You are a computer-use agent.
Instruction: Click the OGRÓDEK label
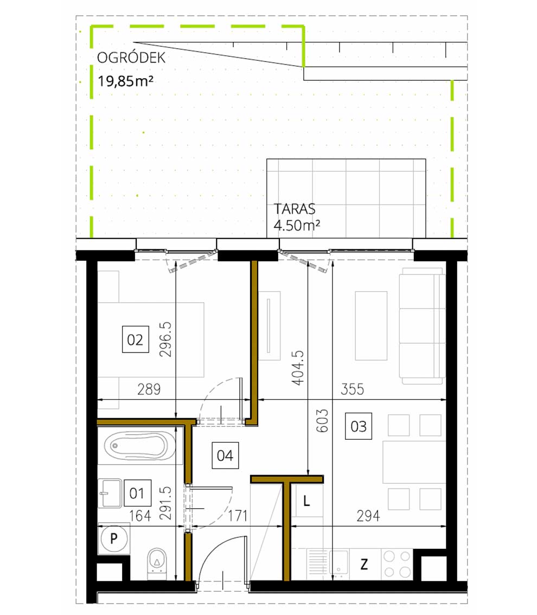click(131, 58)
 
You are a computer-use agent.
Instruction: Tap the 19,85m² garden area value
click(124, 82)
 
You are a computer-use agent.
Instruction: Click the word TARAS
click(295, 209)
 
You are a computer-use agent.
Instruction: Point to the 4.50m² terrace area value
click(297, 225)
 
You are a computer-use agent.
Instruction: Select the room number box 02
click(135, 340)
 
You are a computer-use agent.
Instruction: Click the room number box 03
click(359, 426)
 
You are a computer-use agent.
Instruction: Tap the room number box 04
click(225, 455)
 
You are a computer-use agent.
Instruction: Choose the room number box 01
click(137, 494)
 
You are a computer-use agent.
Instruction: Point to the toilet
click(157, 560)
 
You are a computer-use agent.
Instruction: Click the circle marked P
click(114, 539)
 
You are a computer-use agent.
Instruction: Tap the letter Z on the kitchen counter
click(364, 565)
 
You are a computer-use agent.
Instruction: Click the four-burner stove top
click(397, 563)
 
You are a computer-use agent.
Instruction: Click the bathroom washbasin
click(111, 493)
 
